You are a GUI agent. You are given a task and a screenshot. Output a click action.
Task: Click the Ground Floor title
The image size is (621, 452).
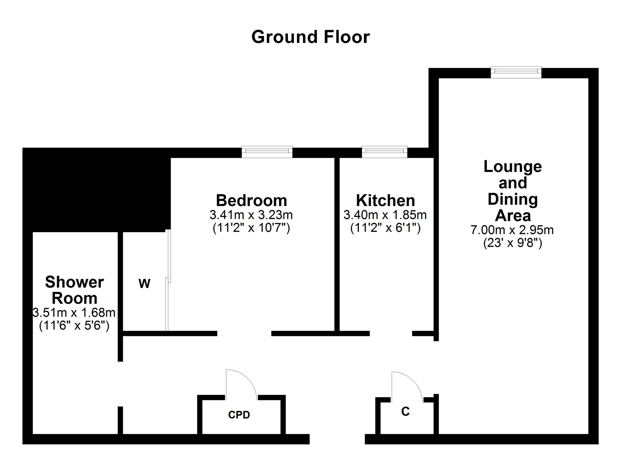[310, 37]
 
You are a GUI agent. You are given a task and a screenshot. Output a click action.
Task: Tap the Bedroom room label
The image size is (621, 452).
[251, 201]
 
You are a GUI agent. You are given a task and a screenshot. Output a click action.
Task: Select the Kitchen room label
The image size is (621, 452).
[385, 201]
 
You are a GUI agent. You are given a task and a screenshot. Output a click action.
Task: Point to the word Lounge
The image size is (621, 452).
[513, 167]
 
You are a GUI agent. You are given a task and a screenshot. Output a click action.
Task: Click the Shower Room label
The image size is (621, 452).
[74, 290]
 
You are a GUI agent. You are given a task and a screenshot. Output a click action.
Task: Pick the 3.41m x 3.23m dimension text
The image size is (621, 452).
[251, 215]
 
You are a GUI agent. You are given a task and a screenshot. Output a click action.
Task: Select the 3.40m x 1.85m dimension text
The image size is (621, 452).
[385, 215]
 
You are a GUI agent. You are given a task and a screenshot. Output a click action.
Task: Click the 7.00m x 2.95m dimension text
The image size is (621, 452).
[512, 230]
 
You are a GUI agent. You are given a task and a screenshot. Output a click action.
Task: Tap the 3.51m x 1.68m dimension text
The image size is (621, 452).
[74, 313]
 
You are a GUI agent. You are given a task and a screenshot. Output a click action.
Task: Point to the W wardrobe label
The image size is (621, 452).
[144, 284]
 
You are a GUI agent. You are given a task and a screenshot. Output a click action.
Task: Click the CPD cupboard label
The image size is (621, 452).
[239, 415]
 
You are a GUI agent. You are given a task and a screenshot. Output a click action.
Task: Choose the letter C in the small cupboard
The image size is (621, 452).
[405, 411]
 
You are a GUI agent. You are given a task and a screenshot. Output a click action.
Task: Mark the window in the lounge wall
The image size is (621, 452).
[516, 72]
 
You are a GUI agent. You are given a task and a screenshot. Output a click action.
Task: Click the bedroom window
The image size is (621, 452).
[267, 152]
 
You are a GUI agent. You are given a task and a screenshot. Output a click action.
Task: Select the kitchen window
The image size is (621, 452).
[384, 152]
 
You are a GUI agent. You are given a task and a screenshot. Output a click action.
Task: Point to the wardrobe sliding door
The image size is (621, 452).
[168, 280]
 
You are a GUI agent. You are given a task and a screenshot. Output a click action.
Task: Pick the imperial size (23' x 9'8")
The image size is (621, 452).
[513, 243]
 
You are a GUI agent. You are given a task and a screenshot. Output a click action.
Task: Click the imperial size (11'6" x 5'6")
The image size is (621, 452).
[74, 326]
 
